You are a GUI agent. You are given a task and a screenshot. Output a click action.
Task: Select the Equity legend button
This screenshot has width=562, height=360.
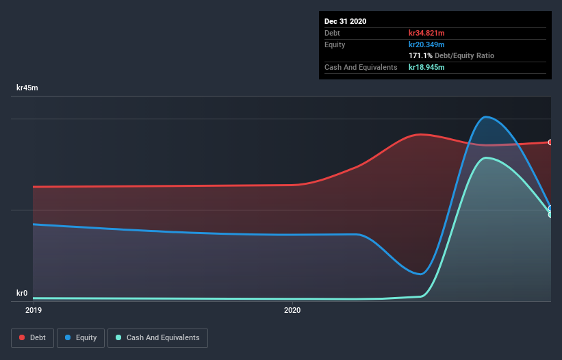81,337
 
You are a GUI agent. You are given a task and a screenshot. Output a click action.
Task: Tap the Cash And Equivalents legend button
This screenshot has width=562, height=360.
157,337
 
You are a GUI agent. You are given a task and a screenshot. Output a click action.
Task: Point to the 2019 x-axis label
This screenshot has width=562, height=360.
33,310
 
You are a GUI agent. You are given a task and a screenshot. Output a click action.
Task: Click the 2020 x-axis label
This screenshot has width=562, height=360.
292,310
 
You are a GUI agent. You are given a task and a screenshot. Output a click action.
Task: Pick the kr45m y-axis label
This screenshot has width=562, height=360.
27,88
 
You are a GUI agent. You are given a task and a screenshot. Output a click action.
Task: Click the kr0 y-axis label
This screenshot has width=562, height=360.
22,293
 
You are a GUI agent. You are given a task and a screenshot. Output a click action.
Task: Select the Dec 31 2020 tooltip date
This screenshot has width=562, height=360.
346,21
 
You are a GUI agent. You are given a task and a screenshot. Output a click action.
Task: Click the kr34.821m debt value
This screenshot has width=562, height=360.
426,33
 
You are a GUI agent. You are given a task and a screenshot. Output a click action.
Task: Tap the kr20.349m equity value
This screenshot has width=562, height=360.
426,44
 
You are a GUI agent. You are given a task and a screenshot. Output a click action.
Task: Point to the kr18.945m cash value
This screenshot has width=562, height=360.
426,67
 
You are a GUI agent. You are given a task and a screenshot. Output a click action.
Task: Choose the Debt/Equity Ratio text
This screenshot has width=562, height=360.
465,55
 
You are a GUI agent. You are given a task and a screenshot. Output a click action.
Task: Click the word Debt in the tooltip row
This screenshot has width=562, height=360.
332,33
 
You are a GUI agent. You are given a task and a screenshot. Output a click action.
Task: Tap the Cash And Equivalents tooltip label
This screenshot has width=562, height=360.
361,67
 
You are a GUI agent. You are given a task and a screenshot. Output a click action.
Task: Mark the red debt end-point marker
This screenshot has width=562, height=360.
550,142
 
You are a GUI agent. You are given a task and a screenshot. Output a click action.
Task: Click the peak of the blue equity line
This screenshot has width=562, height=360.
486,116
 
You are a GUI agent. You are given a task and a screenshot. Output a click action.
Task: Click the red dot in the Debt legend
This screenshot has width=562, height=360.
22,337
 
